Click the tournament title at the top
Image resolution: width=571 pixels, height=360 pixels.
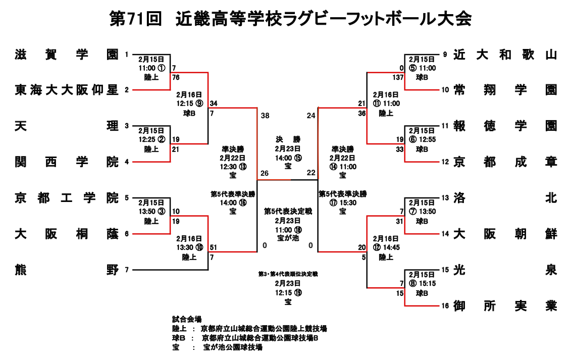291,19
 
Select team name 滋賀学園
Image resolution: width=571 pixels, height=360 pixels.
67,55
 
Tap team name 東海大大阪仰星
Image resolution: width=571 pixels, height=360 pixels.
67,90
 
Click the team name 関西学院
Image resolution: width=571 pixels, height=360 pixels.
67,162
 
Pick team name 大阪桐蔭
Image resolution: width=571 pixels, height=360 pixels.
67,234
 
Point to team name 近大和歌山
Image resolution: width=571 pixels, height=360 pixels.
505,55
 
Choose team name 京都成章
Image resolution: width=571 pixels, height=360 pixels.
505,162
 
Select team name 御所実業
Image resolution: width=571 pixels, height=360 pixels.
505,305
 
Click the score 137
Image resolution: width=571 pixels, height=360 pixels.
398,77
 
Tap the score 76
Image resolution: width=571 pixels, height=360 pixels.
176,77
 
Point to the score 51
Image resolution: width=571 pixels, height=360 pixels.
214,247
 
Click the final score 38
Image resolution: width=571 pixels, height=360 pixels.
265,116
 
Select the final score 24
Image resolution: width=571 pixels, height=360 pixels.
311,116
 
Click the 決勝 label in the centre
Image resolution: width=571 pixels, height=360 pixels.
288,139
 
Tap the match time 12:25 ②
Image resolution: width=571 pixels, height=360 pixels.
152,139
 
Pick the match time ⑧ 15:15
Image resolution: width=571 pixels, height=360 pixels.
422,283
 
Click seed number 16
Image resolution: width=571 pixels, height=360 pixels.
445,305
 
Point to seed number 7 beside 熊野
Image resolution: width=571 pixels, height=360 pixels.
127,270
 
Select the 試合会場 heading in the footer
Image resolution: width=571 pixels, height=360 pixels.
187,320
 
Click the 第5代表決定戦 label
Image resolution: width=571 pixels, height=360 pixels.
288,212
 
